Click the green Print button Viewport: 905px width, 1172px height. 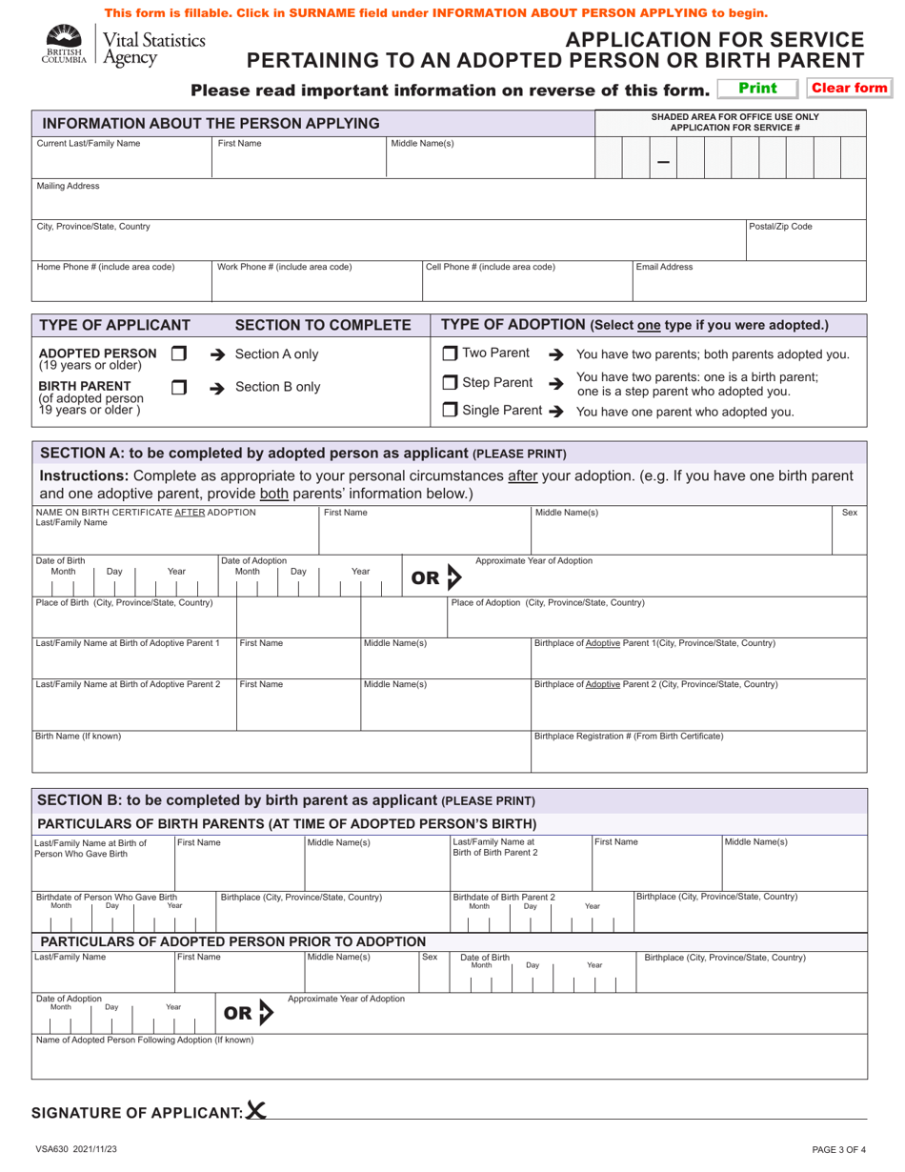[x=758, y=89]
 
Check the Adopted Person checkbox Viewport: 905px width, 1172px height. [x=177, y=354]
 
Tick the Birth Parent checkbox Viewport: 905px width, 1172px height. [x=177, y=388]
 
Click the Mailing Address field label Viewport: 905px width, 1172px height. [x=68, y=187]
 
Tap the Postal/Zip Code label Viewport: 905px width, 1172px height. [x=780, y=227]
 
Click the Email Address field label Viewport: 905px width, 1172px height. [x=664, y=267]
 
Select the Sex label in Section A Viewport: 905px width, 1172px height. [x=850, y=513]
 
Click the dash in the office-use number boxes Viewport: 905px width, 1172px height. [x=663, y=161]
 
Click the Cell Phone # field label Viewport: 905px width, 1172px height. [x=490, y=267]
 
